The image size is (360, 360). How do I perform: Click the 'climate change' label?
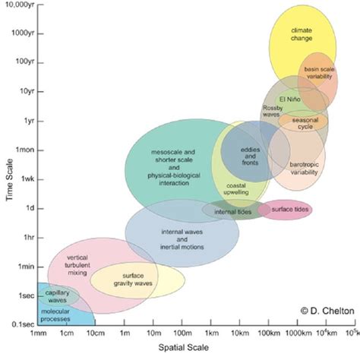pos(302,34)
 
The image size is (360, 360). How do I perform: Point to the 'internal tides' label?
pos(229,211)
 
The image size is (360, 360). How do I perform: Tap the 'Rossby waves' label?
pos(272,111)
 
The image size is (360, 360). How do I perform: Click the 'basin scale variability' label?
pos(320,73)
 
